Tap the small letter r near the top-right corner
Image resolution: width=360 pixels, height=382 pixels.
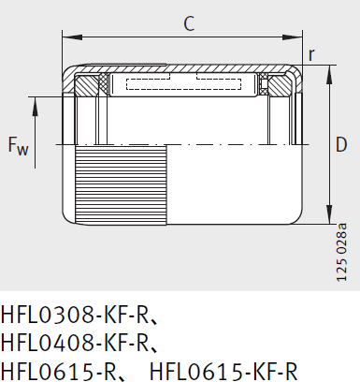click(311, 55)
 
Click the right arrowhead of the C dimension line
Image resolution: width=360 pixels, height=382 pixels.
click(297, 38)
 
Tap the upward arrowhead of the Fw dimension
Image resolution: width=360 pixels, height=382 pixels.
click(36, 103)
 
